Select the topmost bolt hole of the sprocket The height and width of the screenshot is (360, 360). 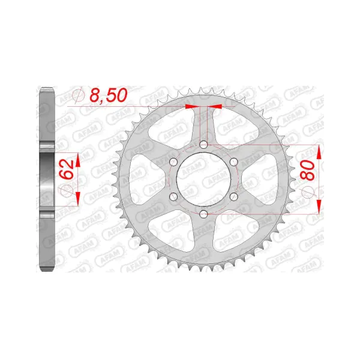tap(204, 145)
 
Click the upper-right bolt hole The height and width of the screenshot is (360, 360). tap(233, 162)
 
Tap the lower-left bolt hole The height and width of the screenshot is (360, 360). tap(174, 197)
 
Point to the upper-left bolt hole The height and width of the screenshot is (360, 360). tap(174, 162)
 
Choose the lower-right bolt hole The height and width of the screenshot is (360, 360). tap(233, 197)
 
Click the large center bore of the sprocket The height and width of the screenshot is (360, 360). tap(204, 179)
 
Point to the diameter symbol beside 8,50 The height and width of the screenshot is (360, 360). tap(76, 95)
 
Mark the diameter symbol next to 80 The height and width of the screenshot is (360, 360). tap(310, 191)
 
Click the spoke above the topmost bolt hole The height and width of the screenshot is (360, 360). tap(204, 123)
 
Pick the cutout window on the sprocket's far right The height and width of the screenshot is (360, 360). tap(262, 179)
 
